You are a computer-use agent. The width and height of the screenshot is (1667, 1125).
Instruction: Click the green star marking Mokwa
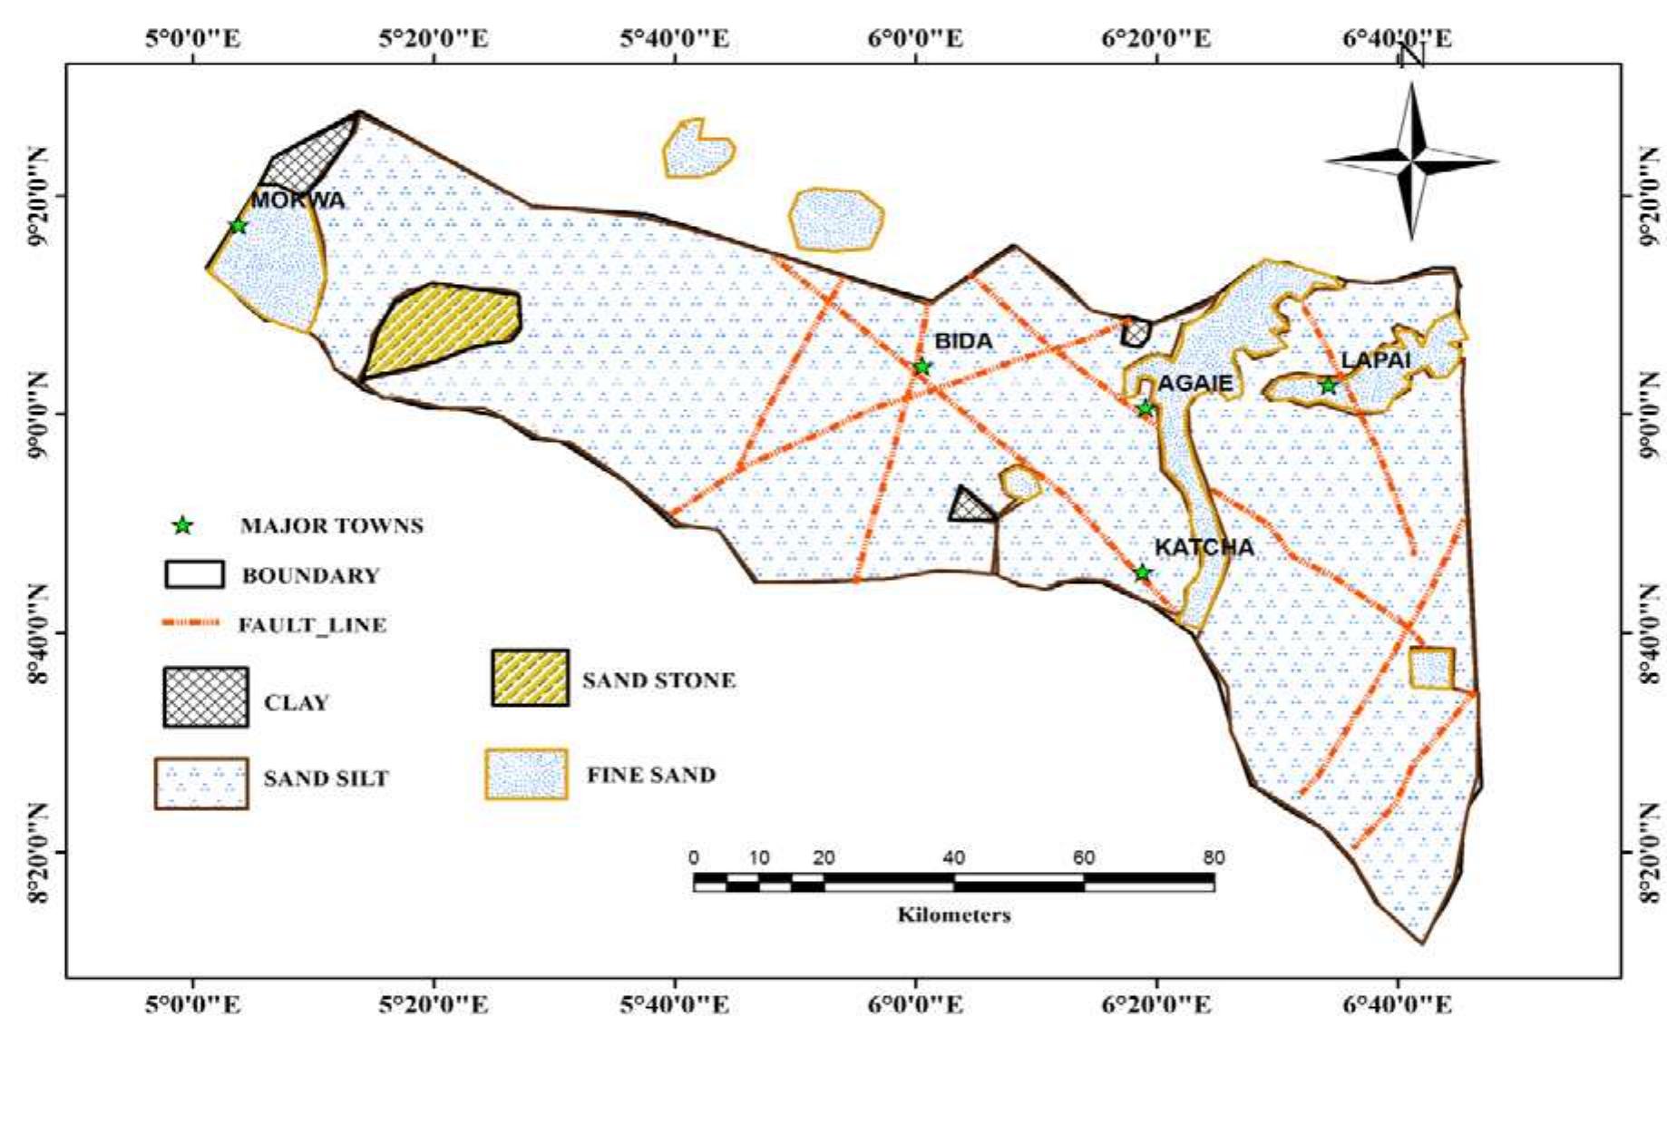pos(238,226)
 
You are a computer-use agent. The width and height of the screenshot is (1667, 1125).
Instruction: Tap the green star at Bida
pos(922,367)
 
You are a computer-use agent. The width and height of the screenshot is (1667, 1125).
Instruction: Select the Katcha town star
pos(1143,572)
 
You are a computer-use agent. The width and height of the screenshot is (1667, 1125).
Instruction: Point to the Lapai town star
pos(1328,386)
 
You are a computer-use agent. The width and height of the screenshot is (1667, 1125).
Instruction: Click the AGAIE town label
pos(1195,384)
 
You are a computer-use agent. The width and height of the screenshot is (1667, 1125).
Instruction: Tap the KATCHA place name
pos(1204,547)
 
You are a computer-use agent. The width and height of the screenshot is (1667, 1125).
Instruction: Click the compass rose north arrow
pos(1411,161)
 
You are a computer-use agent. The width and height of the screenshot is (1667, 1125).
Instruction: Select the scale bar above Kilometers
pos(953,881)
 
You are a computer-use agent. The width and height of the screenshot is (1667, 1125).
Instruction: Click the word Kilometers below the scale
pos(953,915)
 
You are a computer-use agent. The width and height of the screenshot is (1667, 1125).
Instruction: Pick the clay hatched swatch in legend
pos(206,697)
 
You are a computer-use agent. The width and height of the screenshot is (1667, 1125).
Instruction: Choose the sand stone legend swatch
pos(531,678)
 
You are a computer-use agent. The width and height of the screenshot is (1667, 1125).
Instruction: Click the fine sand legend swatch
pos(527,774)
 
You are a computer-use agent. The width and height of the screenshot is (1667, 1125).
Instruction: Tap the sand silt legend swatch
pos(201,783)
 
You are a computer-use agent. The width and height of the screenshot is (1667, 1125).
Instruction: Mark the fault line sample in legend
pos(190,623)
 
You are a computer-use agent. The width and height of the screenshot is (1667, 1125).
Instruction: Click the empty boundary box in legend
pos(194,574)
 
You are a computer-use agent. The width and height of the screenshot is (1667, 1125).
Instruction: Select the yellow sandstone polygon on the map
pos(444,328)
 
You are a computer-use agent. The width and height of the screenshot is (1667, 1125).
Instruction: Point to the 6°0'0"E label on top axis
pos(917,38)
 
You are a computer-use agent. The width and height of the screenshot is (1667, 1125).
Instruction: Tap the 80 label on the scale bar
pos(1214,857)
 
